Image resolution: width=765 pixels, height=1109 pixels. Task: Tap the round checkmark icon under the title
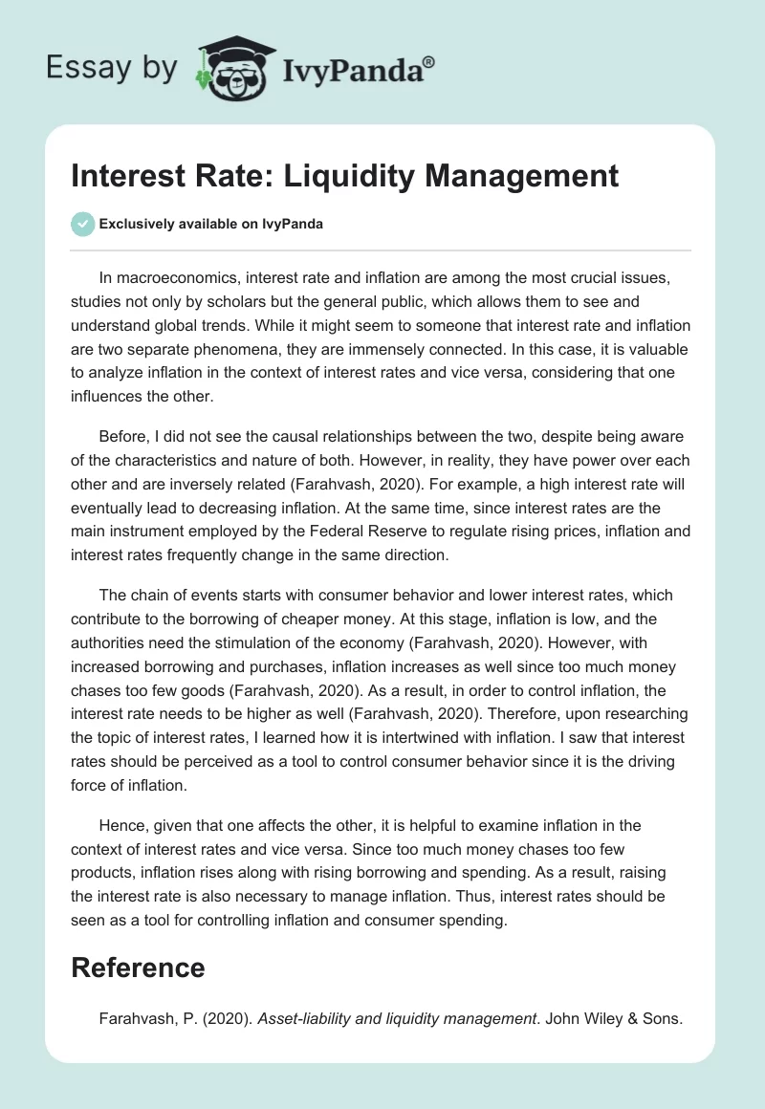pos(83,224)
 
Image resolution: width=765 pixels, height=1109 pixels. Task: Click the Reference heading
pos(138,968)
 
